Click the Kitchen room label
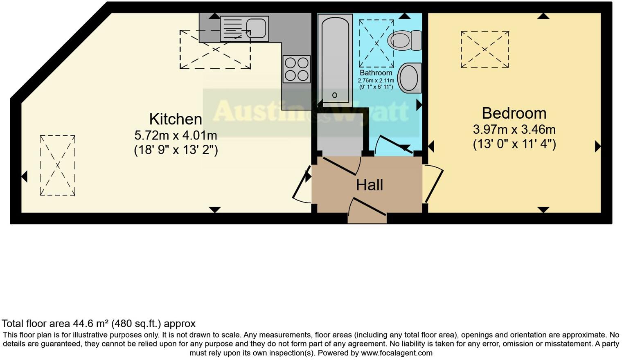point(176,119)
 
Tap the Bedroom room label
point(514,113)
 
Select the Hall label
point(370,185)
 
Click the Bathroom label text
point(376,73)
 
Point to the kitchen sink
point(244,29)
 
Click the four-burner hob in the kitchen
point(296,69)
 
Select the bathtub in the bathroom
point(335,60)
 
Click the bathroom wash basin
point(409,77)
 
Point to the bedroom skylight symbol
point(485,49)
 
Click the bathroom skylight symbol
point(376,43)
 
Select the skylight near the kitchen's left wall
point(58,165)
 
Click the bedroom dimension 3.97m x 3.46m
point(514,130)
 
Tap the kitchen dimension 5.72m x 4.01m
point(176,135)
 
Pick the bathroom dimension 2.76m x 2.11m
point(376,81)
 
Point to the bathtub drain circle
point(335,95)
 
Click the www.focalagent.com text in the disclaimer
point(397,353)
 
